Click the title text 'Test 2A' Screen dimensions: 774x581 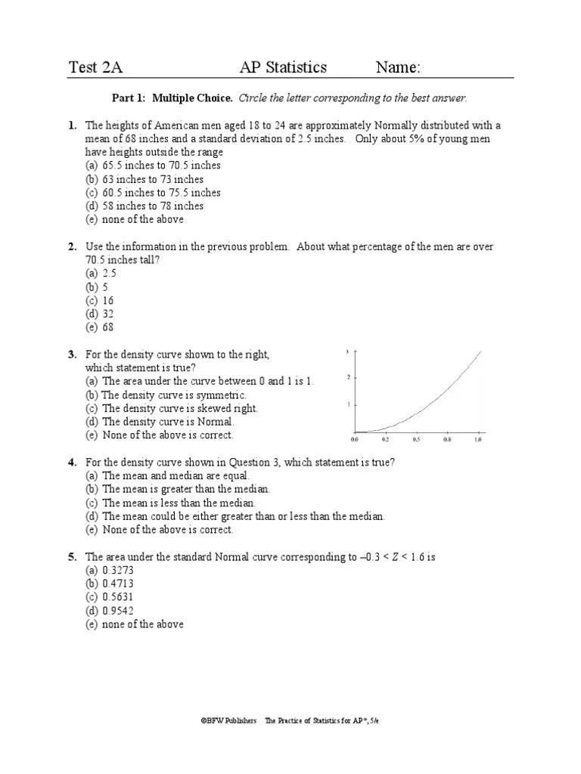pos(95,67)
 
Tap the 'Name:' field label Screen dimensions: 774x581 pos(398,67)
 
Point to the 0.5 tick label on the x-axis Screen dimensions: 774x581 pos(416,439)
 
